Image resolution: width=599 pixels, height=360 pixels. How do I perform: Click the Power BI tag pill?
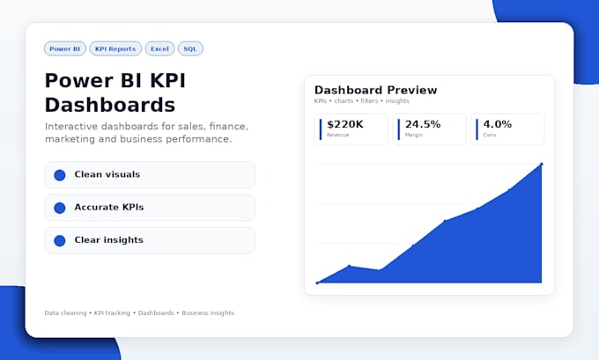[x=65, y=49]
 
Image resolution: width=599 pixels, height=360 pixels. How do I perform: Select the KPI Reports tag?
[x=115, y=49]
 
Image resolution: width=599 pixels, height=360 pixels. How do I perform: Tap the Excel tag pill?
[x=159, y=49]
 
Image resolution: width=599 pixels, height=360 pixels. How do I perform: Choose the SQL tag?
[x=190, y=49]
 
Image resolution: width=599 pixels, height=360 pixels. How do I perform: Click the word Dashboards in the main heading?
[x=110, y=105]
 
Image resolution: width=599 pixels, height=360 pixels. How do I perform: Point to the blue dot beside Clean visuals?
[x=60, y=175]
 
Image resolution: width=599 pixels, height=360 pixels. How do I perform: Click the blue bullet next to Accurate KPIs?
[x=60, y=208]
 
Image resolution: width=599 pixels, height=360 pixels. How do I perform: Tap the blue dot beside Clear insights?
[x=60, y=240]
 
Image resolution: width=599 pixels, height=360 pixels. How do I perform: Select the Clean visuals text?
[x=107, y=174]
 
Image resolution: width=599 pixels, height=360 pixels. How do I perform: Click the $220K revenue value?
[x=345, y=124]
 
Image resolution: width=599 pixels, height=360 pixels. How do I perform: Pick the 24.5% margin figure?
[x=423, y=124]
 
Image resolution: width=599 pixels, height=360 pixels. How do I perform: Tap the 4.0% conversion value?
[x=498, y=124]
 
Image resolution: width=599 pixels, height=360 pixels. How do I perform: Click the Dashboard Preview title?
[x=375, y=90]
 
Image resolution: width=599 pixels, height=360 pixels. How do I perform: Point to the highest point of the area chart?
[x=542, y=165]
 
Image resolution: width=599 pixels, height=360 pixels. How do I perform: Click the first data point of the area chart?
[x=317, y=283]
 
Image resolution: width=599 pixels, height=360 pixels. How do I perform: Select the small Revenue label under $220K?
[x=338, y=135]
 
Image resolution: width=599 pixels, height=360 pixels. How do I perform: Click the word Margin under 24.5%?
[x=414, y=135]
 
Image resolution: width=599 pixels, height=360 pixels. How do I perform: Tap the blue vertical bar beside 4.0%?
[x=477, y=129]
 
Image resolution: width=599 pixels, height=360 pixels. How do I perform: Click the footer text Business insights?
[x=208, y=313]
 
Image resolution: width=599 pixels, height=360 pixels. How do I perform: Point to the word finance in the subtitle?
[x=228, y=127]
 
